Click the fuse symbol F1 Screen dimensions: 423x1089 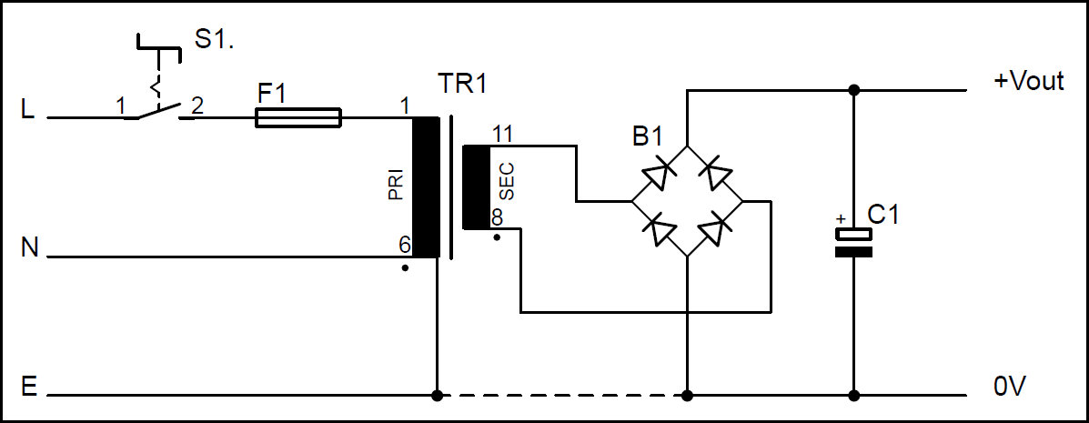[298, 117]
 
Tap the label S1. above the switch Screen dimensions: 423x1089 [215, 42]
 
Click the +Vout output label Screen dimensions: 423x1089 [1028, 81]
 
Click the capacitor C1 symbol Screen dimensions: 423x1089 [853, 243]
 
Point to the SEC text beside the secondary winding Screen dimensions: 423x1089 [507, 181]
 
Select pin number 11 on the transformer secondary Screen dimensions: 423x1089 [501, 134]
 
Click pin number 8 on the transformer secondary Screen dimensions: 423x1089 [497, 218]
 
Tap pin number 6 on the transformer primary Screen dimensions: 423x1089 [404, 245]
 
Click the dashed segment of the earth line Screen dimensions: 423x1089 [561, 396]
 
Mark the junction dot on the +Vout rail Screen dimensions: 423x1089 [853, 90]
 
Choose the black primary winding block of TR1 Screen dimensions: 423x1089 [425, 187]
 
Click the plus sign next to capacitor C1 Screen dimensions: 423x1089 [841, 219]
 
